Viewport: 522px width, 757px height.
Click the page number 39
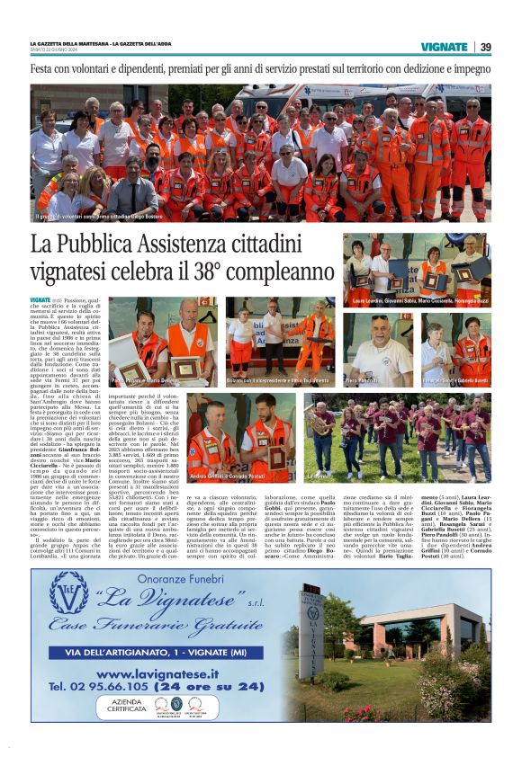tap(485, 47)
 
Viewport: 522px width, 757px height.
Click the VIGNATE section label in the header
tap(444, 47)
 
